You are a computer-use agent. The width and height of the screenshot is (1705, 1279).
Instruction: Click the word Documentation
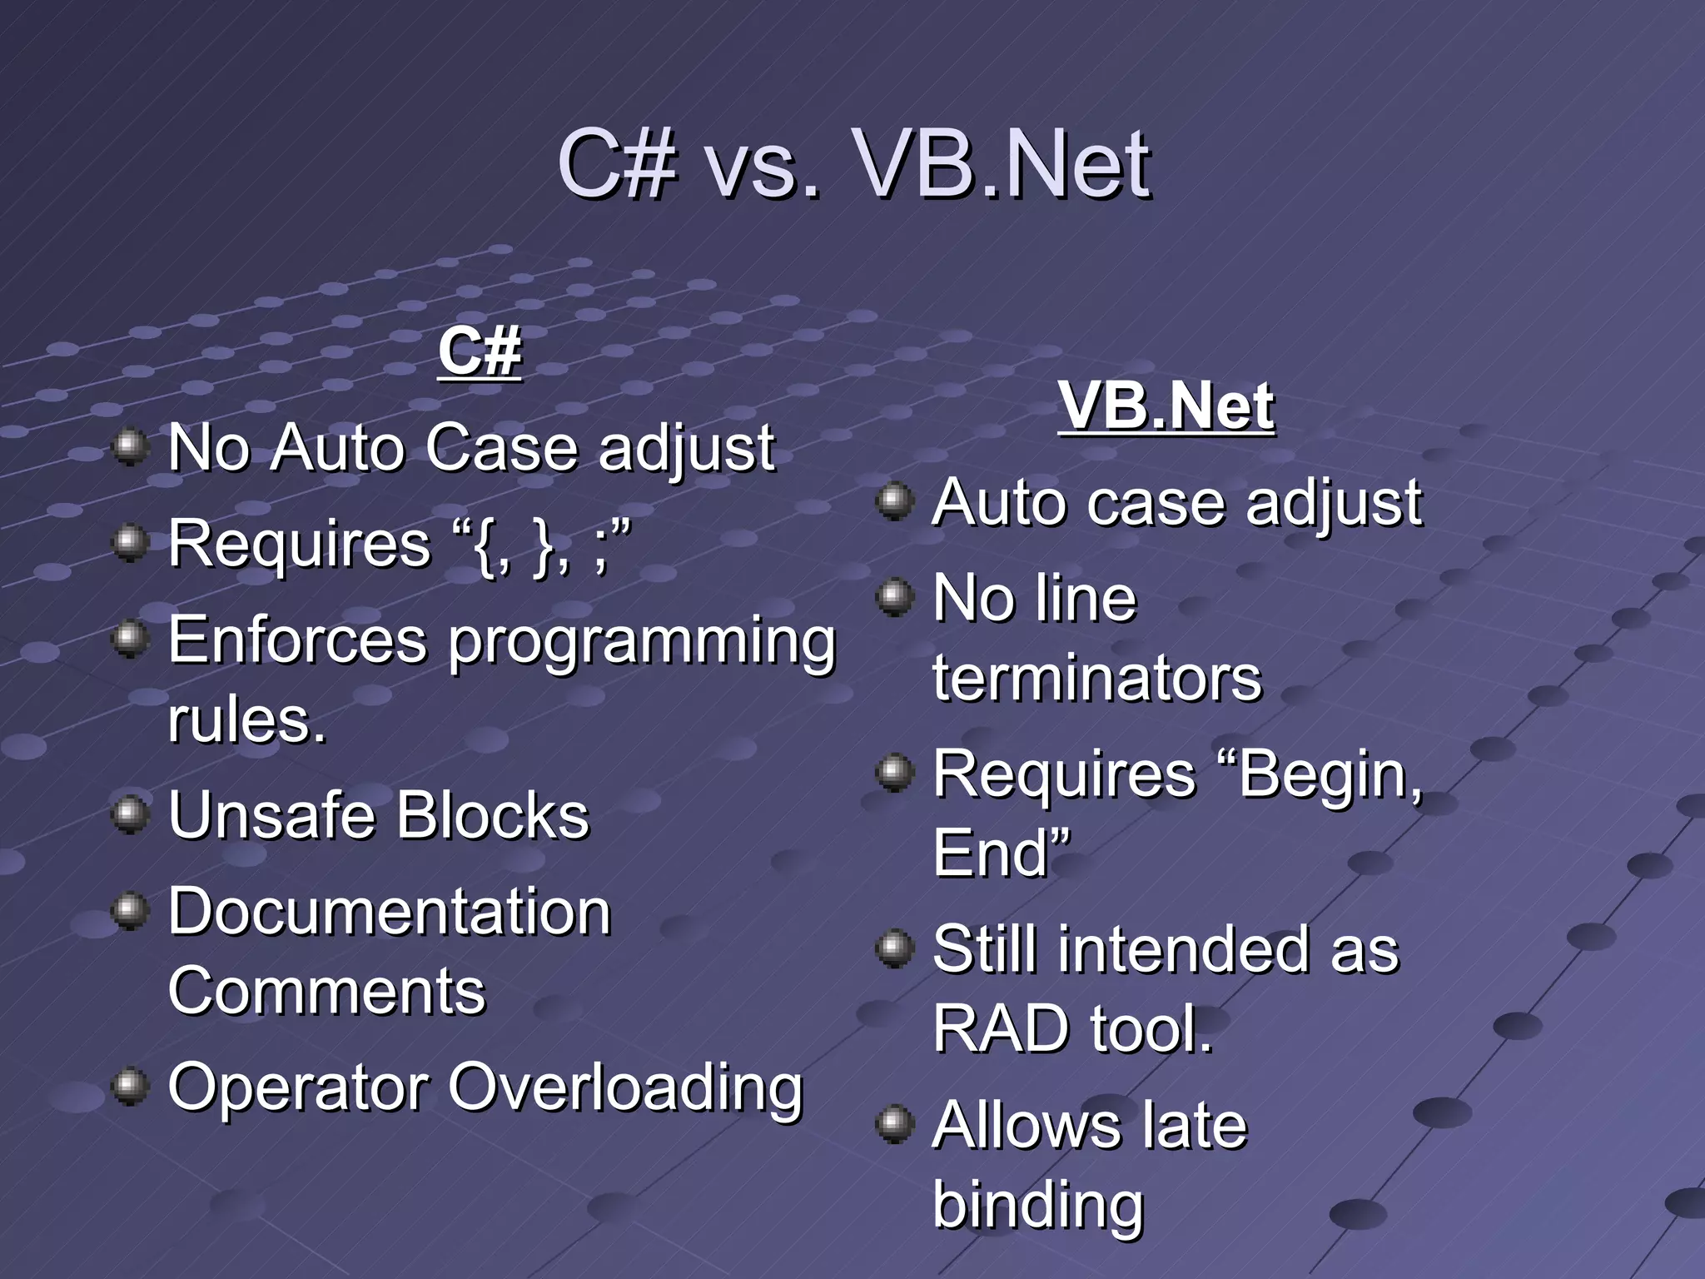(390, 912)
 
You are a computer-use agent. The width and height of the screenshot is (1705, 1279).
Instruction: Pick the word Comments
(326, 991)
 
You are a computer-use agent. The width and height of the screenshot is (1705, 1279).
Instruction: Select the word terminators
(1096, 678)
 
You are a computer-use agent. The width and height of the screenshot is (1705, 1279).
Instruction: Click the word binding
(1038, 1204)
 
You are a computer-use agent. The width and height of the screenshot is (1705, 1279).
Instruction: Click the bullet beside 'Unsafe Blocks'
(130, 814)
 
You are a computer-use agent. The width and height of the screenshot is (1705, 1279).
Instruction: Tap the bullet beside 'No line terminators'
(895, 598)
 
